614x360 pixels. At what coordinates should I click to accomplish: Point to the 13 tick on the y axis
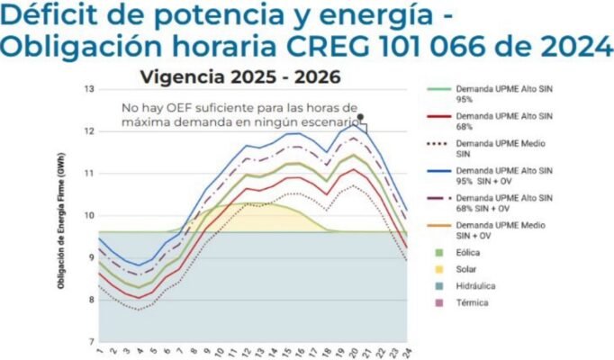pos(89,89)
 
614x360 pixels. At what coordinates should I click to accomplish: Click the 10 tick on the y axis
pos(89,215)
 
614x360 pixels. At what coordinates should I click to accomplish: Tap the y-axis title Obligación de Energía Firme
pos(60,216)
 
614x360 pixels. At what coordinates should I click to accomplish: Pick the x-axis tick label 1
pos(98,352)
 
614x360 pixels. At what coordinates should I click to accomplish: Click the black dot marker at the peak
pos(359,116)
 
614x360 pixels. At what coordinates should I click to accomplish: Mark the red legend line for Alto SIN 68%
pos(438,116)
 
